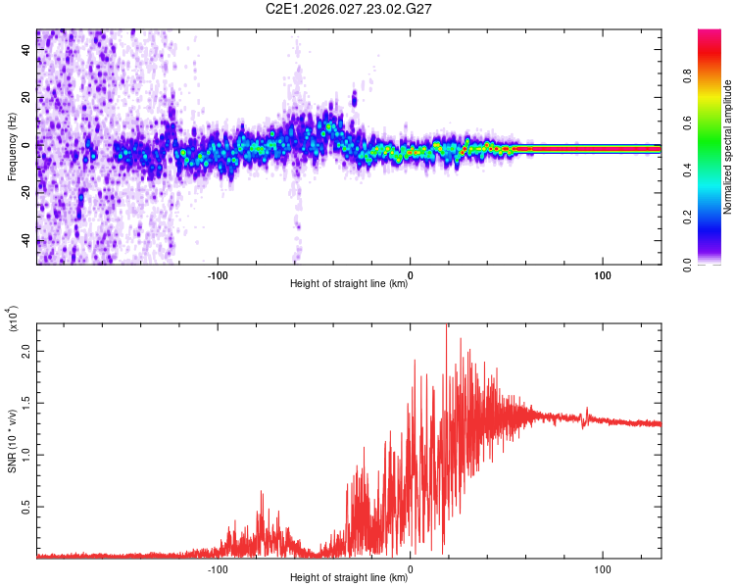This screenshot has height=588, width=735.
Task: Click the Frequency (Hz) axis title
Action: (12, 147)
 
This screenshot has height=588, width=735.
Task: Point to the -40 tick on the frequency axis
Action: (24, 241)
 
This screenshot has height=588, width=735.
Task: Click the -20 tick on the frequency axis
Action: (24, 193)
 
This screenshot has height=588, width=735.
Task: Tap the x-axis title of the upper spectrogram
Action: (349, 284)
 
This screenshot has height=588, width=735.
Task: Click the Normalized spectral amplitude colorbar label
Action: (728, 147)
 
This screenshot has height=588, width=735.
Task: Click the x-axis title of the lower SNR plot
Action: (349, 577)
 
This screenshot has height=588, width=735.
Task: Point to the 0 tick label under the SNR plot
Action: (410, 567)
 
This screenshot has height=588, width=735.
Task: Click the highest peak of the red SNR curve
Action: (447, 327)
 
